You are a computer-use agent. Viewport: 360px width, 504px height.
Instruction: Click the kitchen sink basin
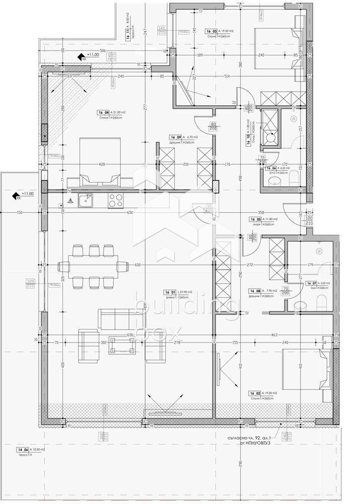coord(87,201)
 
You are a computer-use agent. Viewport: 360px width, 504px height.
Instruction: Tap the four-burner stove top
coord(116,201)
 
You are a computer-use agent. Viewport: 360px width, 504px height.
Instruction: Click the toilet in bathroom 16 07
coord(322,301)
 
